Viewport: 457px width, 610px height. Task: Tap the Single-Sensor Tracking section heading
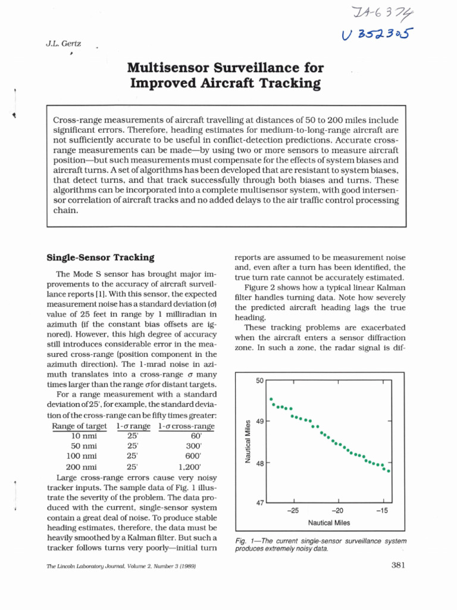pyautogui.click(x=101, y=257)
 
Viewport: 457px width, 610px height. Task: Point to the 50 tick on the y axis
pyautogui.click(x=259, y=380)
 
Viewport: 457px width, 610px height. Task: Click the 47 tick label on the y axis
pyautogui.click(x=259, y=503)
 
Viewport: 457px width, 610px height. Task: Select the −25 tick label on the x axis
pyautogui.click(x=292, y=511)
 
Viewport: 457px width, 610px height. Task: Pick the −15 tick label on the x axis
pyautogui.click(x=382, y=511)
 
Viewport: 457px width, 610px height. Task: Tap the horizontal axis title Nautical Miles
pyautogui.click(x=329, y=523)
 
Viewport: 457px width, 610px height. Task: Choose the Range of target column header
pyautogui.click(x=79, y=426)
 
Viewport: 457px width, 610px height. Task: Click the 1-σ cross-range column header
pyautogui.click(x=186, y=426)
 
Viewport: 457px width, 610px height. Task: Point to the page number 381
pyautogui.click(x=398, y=565)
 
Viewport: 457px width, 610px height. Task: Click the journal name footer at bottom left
pyautogui.click(x=121, y=566)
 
